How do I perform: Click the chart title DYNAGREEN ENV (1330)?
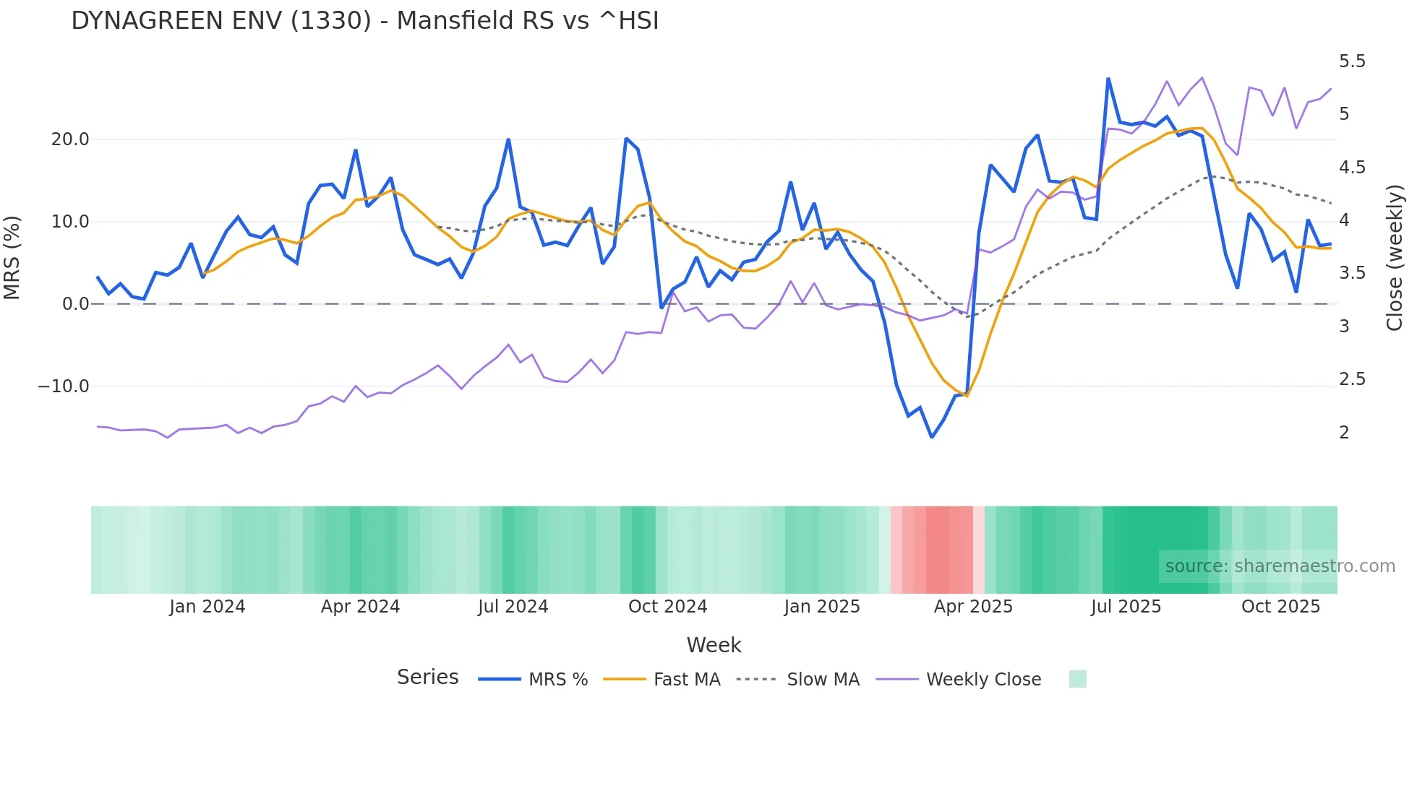coord(364,21)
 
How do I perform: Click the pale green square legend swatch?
coord(1077,679)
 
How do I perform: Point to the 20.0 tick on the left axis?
coord(70,139)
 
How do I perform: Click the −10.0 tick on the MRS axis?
coord(64,386)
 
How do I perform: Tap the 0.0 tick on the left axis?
coord(75,304)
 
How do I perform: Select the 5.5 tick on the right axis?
coord(1352,61)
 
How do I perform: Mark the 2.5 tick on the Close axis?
coord(1352,379)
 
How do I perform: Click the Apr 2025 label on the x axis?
coord(973,607)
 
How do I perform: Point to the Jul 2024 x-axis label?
coord(513,607)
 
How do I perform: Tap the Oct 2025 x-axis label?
coord(1280,607)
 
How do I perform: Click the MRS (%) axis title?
coord(12,258)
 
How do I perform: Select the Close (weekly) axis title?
coord(1395,258)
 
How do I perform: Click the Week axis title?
coord(714,645)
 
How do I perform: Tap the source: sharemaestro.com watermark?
coord(1280,566)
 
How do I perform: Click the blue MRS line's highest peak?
coord(1108,79)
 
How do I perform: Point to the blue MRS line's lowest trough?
coord(932,437)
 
